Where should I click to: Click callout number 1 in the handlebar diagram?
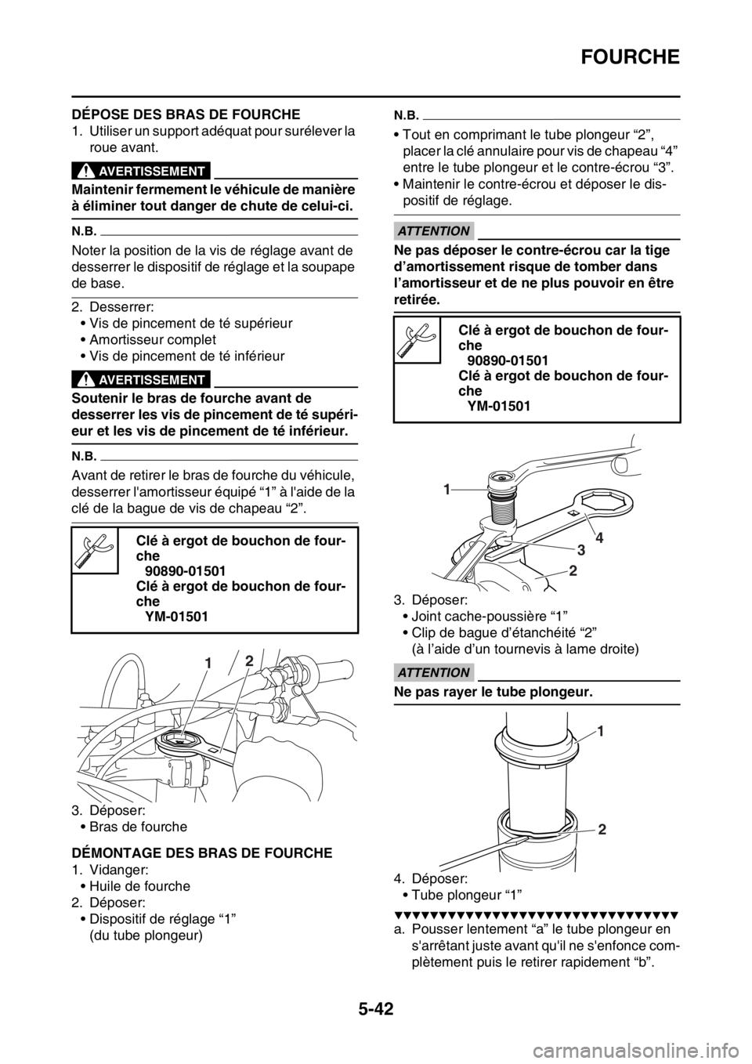[207, 663]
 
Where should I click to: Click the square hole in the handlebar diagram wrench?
[211, 751]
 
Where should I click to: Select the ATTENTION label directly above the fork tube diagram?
[432, 672]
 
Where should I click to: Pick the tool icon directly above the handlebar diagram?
[95, 551]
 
